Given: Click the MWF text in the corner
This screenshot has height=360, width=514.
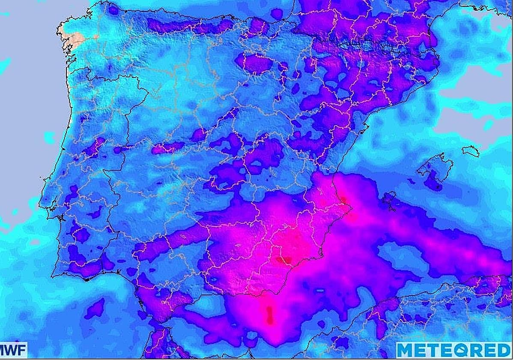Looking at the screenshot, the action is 13,350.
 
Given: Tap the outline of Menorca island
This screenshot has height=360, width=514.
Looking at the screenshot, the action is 470,151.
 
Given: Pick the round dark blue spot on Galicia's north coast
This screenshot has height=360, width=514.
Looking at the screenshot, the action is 114,9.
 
